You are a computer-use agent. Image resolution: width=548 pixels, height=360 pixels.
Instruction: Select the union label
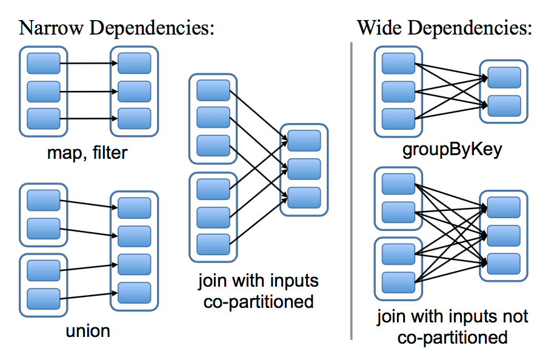click(x=88, y=331)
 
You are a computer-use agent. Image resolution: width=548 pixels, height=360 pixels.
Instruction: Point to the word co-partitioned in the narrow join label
click(x=258, y=301)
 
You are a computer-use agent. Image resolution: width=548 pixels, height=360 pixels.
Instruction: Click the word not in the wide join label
click(x=514, y=316)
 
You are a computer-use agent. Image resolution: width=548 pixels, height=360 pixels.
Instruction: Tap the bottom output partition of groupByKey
click(x=504, y=105)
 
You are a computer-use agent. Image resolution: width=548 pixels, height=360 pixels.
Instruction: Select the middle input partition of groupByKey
click(x=398, y=91)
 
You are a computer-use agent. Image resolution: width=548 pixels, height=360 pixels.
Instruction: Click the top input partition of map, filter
click(x=44, y=63)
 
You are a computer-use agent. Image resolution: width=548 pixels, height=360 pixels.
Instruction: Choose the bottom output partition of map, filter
click(x=134, y=118)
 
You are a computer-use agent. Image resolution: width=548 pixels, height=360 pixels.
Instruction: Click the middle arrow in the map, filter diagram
click(x=89, y=92)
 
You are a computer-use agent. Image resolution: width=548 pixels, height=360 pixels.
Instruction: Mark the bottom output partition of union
click(x=134, y=293)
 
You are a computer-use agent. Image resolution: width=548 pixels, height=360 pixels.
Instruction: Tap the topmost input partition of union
click(x=44, y=200)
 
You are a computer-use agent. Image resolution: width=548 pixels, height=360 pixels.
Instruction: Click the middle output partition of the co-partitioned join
click(x=304, y=169)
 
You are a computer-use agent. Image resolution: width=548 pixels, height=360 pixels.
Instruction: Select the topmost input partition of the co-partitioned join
click(x=213, y=91)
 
